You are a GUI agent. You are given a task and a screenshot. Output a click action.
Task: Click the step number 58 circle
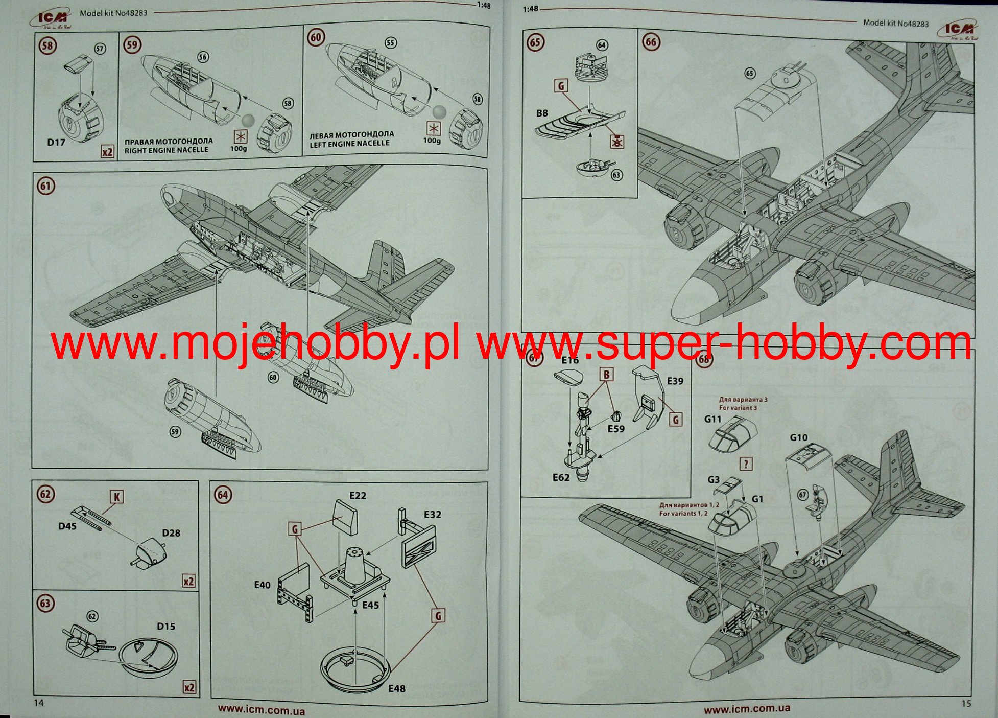(47, 46)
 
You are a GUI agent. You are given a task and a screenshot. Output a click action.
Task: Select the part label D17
(56, 142)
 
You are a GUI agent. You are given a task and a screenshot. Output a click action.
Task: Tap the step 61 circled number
(46, 186)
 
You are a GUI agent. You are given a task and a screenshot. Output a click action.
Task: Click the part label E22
(358, 495)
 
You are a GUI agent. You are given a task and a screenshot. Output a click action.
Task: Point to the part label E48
(396, 688)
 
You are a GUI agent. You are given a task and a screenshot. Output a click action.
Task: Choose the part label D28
(171, 533)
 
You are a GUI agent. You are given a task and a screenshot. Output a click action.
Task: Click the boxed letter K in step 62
(117, 497)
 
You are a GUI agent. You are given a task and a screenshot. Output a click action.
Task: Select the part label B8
(542, 113)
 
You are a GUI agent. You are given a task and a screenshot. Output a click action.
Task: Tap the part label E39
(675, 381)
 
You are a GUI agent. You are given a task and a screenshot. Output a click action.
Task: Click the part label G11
(712, 419)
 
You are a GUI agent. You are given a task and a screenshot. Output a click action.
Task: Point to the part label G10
(798, 437)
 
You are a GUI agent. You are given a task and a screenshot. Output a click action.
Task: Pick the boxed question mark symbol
(746, 464)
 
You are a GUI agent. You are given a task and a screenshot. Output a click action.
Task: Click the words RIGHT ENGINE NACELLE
(167, 150)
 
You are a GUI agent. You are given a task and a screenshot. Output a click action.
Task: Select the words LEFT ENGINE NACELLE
(349, 144)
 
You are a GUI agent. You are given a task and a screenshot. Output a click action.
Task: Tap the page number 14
(39, 703)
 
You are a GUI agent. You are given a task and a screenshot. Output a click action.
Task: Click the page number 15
(966, 703)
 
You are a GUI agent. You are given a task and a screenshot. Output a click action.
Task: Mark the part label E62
(561, 477)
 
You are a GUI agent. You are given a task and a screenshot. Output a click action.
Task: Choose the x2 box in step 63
(189, 687)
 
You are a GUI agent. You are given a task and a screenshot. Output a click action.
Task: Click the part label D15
(166, 626)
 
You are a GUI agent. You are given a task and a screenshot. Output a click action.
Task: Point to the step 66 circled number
(651, 42)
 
